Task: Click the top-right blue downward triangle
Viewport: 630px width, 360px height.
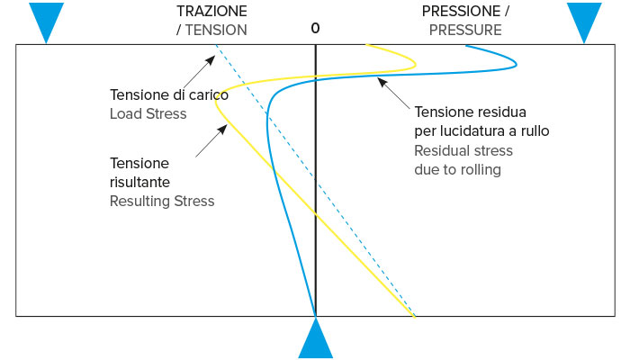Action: click(583, 19)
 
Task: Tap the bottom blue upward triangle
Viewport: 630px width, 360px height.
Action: click(315, 340)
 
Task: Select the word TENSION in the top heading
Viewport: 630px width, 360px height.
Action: click(217, 30)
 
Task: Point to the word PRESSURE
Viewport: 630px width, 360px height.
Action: click(465, 30)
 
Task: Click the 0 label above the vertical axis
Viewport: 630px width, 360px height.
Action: click(315, 28)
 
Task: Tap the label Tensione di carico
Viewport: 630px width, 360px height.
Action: click(169, 94)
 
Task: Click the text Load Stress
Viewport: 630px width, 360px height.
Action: click(148, 113)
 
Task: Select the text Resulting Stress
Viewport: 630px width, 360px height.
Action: click(162, 201)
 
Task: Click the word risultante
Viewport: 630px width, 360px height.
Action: click(139, 182)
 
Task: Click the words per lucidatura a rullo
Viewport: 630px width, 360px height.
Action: click(481, 130)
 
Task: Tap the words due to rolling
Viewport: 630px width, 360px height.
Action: click(457, 169)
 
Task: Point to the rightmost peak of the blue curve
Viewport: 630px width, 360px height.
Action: click(517, 62)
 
